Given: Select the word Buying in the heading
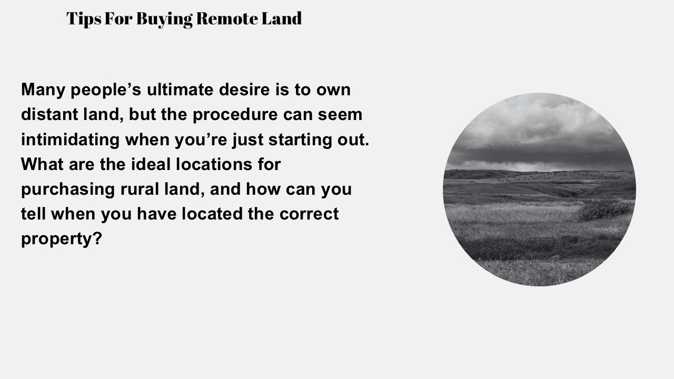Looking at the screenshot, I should click(164, 19).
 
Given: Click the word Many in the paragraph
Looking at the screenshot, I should click(43, 90).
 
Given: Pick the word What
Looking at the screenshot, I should click(42, 164).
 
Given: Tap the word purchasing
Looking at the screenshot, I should click(67, 189).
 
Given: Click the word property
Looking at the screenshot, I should click(56, 239).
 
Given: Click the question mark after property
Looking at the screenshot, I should click(97, 238).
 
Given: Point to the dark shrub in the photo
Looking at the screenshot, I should click(604, 209).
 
